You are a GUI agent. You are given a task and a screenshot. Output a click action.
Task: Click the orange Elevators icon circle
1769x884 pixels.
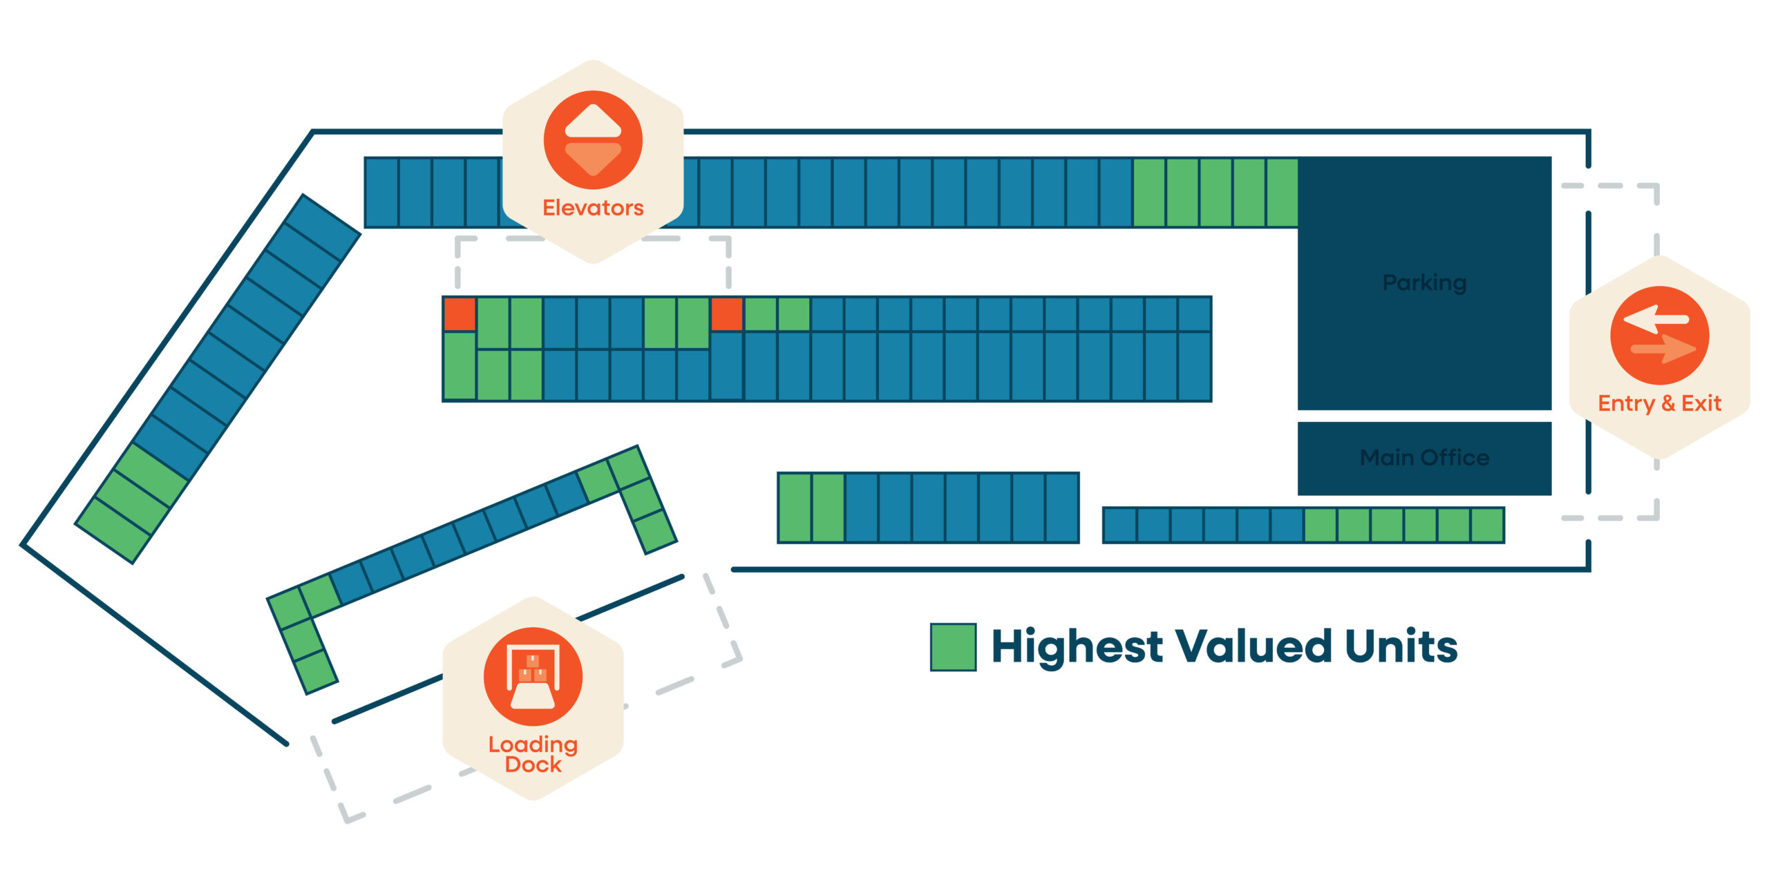click(x=593, y=140)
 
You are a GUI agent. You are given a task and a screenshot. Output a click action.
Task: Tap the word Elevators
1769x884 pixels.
click(x=593, y=208)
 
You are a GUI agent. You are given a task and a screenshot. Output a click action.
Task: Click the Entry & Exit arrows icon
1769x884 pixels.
click(x=1659, y=336)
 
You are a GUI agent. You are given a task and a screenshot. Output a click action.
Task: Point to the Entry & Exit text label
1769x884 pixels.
click(x=1659, y=403)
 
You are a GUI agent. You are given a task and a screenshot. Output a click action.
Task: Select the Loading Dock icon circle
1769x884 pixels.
click(x=533, y=677)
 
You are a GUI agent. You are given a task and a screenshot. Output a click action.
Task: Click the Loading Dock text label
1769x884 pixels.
click(x=533, y=754)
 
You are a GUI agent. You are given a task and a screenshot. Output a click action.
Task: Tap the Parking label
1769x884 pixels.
click(x=1424, y=282)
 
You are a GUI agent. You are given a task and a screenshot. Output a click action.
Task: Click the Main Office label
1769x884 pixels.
click(x=1424, y=457)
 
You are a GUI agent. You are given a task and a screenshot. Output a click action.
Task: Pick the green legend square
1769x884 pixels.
click(x=953, y=647)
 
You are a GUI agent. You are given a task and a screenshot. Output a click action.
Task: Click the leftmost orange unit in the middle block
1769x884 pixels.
click(x=460, y=314)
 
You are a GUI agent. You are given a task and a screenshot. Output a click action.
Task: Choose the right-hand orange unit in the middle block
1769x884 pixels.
click(x=727, y=314)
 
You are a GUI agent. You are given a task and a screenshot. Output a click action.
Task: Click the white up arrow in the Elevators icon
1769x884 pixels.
click(x=593, y=122)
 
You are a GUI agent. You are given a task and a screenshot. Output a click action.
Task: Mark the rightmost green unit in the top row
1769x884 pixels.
click(x=1282, y=193)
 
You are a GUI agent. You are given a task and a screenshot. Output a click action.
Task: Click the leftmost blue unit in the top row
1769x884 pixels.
click(x=381, y=193)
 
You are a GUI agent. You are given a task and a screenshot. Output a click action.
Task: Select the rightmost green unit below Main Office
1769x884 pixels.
click(x=1487, y=526)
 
